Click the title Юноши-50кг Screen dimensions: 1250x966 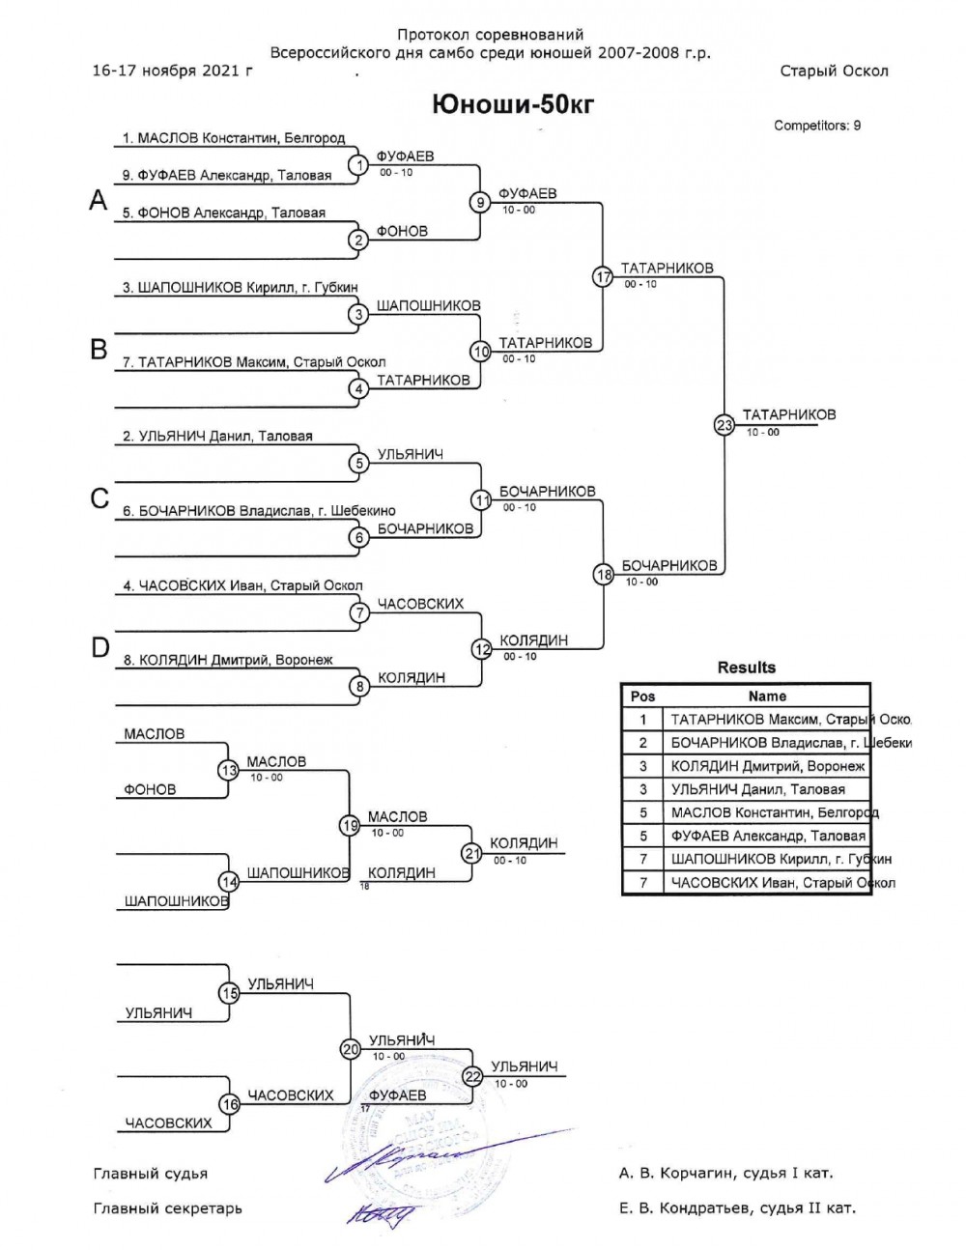(513, 104)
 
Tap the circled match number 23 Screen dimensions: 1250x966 (724, 424)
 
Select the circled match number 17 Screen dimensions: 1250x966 (603, 276)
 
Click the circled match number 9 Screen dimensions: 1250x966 (481, 202)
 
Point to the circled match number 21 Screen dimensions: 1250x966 (471, 853)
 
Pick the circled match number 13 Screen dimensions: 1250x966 (228, 771)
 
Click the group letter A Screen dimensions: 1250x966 (98, 200)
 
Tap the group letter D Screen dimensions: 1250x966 (99, 647)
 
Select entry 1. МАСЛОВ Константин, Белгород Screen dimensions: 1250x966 (234, 138)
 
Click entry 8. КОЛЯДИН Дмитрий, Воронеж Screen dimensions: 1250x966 (228, 660)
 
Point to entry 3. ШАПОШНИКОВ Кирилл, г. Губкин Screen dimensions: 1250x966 (241, 287)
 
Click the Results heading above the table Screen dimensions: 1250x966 (746, 668)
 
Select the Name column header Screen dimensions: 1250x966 (767, 696)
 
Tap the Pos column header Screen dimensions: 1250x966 (642, 696)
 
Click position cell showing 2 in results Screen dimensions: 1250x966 (642, 743)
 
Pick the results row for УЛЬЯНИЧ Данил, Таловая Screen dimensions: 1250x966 (758, 789)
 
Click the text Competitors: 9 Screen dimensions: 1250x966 (817, 126)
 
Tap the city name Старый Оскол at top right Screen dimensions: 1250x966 (834, 71)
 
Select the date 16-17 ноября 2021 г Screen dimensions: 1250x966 (172, 71)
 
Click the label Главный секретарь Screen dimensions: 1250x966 (168, 1208)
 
